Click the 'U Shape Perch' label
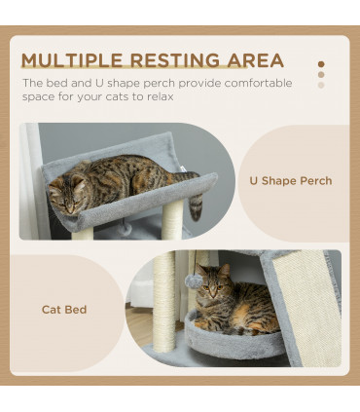click(x=291, y=181)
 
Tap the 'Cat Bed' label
click(x=64, y=310)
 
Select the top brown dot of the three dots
click(x=321, y=64)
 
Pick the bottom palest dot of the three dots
click(x=321, y=86)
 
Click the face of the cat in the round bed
click(x=212, y=289)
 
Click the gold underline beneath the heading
click(x=146, y=74)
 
